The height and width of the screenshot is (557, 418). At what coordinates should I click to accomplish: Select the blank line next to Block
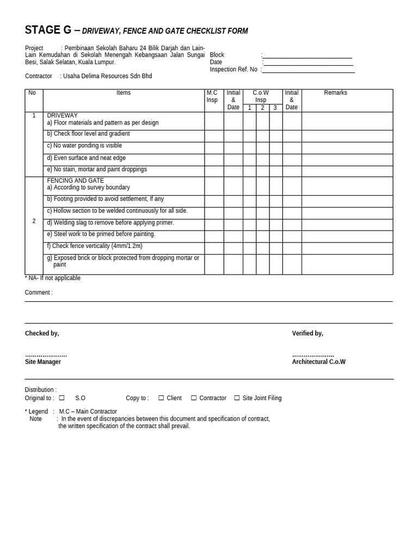[x=307, y=57]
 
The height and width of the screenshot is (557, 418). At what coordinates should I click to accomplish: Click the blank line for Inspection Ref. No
[x=308, y=71]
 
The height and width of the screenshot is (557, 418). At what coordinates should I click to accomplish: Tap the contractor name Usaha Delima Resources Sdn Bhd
[x=107, y=76]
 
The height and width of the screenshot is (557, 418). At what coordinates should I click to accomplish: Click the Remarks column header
[x=335, y=93]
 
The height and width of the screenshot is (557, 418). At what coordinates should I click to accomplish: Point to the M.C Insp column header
[x=212, y=96]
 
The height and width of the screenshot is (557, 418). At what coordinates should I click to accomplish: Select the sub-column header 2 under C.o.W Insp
[x=262, y=108]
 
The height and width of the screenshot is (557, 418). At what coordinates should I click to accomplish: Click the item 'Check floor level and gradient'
[x=88, y=134]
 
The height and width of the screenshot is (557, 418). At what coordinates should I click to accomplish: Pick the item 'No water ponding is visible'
[x=84, y=146]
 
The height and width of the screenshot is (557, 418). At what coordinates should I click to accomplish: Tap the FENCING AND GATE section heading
[x=75, y=181]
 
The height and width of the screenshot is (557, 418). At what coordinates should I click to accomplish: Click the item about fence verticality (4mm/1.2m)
[x=94, y=246]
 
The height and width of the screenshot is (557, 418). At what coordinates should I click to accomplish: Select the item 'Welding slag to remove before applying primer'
[x=110, y=222]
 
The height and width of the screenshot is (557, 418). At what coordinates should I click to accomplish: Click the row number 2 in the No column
[x=34, y=221]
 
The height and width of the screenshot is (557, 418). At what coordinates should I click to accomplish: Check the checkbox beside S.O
[x=62, y=398]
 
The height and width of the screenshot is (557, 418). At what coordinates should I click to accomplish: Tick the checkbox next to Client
[x=161, y=398]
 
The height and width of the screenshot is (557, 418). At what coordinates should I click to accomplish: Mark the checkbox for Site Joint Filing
[x=237, y=398]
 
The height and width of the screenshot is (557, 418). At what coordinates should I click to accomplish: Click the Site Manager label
[x=43, y=362]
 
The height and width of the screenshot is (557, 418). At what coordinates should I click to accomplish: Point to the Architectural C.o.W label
[x=318, y=362]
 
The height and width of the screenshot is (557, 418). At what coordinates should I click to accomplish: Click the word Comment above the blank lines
[x=39, y=293]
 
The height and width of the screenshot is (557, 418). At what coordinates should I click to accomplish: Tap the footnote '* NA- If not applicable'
[x=52, y=278]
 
